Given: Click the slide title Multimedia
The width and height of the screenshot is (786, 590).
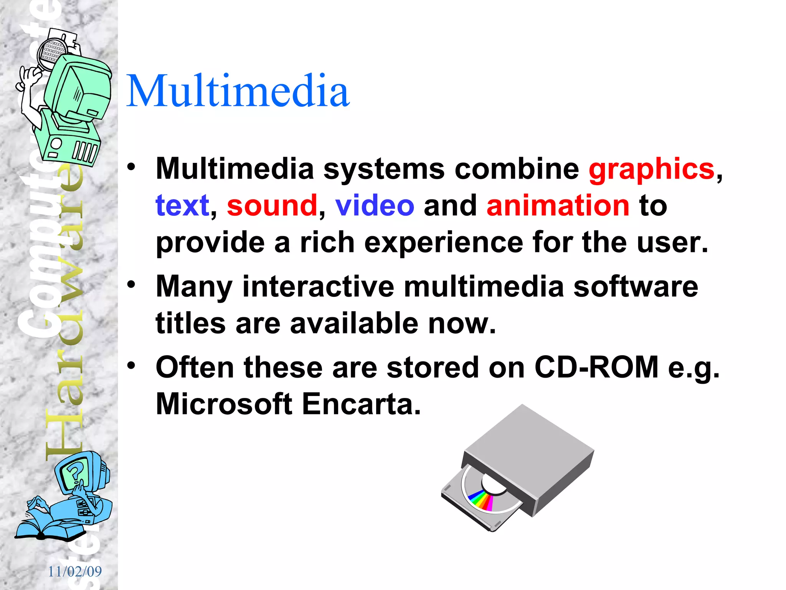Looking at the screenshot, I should (x=238, y=91).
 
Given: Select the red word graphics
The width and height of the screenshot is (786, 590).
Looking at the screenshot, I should (x=651, y=169).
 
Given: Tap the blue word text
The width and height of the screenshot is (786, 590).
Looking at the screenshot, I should (x=182, y=206).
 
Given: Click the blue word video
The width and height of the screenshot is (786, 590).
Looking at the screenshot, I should (x=375, y=206).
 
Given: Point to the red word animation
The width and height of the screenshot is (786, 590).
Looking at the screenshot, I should (x=558, y=206).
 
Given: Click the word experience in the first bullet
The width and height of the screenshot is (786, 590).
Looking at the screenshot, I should (x=444, y=243).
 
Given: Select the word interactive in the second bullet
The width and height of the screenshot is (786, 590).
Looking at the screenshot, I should (x=318, y=287).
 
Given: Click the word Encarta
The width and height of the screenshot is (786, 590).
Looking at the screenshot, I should (x=361, y=404).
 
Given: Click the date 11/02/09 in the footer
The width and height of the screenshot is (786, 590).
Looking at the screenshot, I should (x=75, y=572).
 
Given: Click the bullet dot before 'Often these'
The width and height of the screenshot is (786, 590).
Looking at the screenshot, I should (x=132, y=365).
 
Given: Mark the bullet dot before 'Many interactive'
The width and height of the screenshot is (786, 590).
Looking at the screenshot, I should (x=132, y=285).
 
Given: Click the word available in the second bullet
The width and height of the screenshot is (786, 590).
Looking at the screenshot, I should (x=353, y=323).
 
